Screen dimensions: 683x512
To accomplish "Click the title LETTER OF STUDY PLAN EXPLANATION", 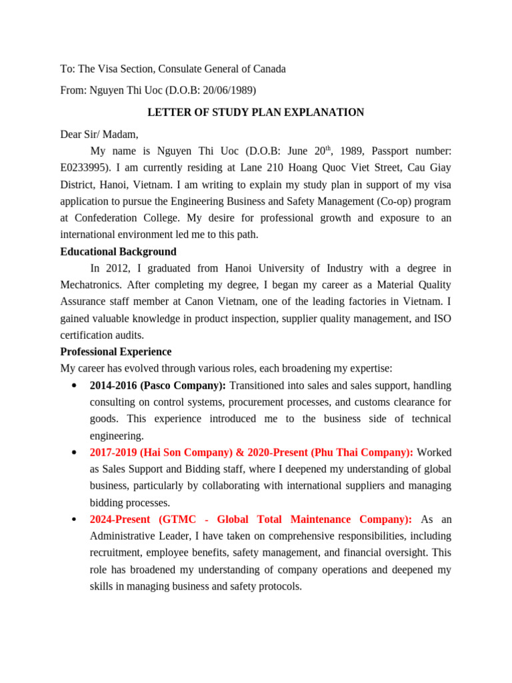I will pos(255,112).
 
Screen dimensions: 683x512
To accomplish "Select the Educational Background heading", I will pos(118,251).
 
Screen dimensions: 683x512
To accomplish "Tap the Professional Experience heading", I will pos(115,352).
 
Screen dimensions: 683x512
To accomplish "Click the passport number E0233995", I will pos(87,168).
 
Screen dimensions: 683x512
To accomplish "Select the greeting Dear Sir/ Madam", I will pos(99,133).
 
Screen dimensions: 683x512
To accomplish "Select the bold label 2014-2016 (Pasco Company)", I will pos(157,386).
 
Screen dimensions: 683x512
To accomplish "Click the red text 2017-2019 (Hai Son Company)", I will pos(164,452).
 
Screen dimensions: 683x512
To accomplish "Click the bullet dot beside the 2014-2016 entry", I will pos(72,386).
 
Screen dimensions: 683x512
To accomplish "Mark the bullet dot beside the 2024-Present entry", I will pos(72,520).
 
